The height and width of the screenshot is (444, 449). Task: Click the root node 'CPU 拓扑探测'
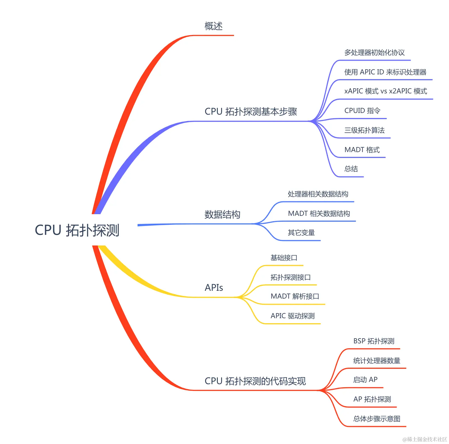coord(77,230)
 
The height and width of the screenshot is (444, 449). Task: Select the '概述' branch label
coord(214,26)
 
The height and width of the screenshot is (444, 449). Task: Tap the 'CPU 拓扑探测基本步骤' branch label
coord(251,112)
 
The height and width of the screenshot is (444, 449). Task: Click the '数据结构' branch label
coord(222,214)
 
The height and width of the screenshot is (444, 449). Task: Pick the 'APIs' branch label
coord(214,288)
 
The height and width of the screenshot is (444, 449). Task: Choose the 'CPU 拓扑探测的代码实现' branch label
coord(255,381)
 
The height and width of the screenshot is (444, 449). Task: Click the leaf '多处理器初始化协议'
coord(374,53)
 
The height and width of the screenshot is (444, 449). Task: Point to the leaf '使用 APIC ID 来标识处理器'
coord(385,72)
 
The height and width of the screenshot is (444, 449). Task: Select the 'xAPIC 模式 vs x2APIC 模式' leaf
coord(386,91)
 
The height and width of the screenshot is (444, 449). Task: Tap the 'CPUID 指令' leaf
coord(362,111)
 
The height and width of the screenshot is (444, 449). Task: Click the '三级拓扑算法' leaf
coord(364,130)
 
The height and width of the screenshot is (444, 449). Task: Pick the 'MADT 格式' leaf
coord(362,150)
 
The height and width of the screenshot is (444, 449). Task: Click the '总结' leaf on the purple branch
coord(351,169)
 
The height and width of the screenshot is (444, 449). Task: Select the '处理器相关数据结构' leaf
coord(318,194)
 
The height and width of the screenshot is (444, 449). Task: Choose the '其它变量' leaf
coord(301,233)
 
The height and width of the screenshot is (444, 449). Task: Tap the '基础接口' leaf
coord(284,258)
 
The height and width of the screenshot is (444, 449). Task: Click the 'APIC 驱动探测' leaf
coord(292,316)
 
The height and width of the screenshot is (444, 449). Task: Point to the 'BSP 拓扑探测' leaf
coord(374,341)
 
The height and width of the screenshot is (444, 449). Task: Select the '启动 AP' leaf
coord(365,380)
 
